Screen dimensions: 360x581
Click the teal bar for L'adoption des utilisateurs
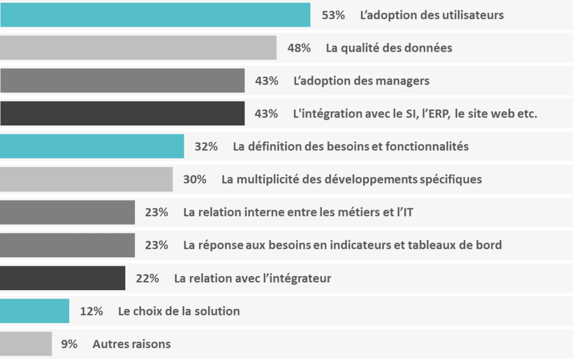155,15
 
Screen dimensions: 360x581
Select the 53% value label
333,15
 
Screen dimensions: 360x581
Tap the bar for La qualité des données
138,48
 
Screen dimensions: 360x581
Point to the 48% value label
299,48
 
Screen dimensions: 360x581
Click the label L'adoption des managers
361,81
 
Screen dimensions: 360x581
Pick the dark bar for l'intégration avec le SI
122,114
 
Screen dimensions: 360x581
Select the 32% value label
206,146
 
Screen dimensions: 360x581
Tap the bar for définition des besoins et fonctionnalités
92,146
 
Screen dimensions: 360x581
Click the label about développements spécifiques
351,179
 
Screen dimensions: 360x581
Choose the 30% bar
86,179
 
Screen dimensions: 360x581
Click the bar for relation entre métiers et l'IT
68,212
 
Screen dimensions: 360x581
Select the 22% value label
148,278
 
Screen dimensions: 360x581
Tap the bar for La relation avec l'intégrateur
62,278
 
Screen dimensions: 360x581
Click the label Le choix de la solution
179,311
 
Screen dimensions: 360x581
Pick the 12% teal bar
35,311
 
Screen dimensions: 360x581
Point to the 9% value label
69,344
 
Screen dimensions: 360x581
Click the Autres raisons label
131,344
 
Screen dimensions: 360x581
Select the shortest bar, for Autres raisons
26,344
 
